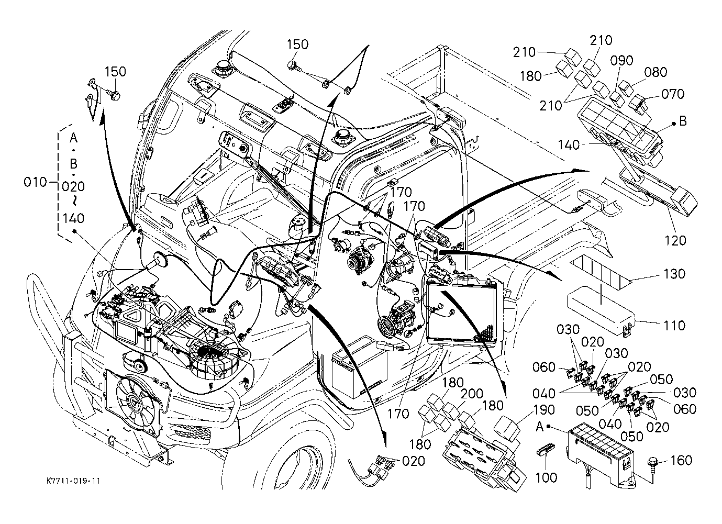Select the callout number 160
[x=681, y=461]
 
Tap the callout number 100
[x=546, y=477]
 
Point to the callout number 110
[x=674, y=326]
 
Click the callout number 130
[x=674, y=274]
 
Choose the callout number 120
[x=675, y=240]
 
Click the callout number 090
[x=621, y=61]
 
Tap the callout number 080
[x=656, y=72]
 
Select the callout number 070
[x=673, y=94]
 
